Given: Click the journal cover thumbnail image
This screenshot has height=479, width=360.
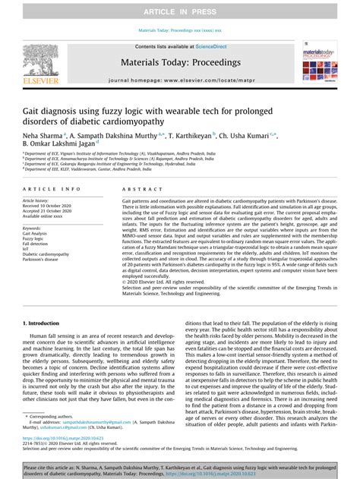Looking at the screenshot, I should pos(319,61).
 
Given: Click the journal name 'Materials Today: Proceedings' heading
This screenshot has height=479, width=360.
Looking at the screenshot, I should pos(180,63).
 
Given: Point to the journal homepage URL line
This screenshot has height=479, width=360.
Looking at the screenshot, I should pos(180,79).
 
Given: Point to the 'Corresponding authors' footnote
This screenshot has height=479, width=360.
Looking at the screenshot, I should pos(56,416).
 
